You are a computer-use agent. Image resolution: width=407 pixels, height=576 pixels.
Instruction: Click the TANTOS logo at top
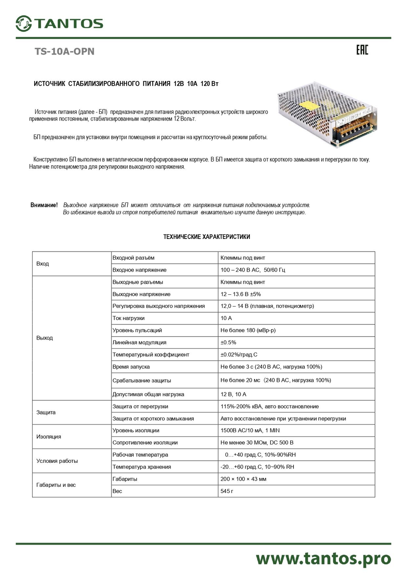pyautogui.click(x=59, y=23)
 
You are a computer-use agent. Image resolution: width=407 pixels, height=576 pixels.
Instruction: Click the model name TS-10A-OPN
pyautogui.click(x=64, y=51)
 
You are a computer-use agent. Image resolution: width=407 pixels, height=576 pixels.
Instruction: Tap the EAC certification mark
pyautogui.click(x=362, y=50)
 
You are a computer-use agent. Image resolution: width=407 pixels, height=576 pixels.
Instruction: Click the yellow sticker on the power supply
pyautogui.click(x=311, y=105)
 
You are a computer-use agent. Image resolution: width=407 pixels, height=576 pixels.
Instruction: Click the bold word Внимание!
pyautogui.click(x=44, y=205)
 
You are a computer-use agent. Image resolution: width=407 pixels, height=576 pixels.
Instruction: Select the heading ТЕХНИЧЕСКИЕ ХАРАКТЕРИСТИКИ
pyautogui.click(x=206, y=237)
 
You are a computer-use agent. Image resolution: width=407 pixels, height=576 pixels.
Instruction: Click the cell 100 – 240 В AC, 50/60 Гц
pyautogui.click(x=253, y=270)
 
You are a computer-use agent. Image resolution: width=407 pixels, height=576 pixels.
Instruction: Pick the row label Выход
pyautogui.click(x=44, y=338)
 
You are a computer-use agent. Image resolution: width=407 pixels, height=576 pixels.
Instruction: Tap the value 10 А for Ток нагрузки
pyautogui.click(x=226, y=318)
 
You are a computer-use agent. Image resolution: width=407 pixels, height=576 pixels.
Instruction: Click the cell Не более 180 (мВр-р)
pyautogui.click(x=248, y=330)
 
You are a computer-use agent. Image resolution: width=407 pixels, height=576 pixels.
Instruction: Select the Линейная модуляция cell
pyautogui.click(x=140, y=342)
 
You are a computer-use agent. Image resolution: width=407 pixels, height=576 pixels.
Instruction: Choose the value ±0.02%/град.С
pyautogui.click(x=239, y=355)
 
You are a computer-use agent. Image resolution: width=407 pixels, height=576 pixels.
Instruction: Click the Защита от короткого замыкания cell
pyautogui.click(x=153, y=418)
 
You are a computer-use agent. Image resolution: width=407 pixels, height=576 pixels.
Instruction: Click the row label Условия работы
pyautogui.click(x=57, y=461)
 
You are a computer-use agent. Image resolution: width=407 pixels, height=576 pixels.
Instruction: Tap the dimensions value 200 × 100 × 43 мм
pyautogui.click(x=243, y=479)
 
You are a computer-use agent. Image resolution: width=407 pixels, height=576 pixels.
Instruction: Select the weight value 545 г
pyautogui.click(x=227, y=491)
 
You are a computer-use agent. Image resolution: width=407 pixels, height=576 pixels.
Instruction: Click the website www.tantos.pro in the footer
pyautogui.click(x=323, y=558)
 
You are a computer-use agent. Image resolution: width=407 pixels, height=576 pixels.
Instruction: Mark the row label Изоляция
pyautogui.click(x=48, y=436)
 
